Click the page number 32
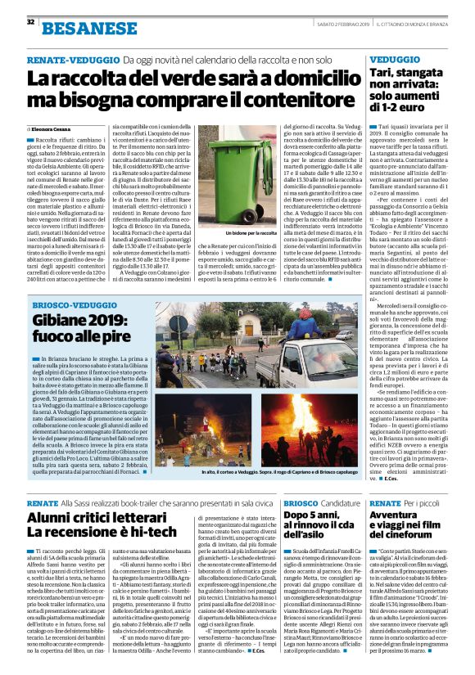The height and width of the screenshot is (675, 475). point(29,21)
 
